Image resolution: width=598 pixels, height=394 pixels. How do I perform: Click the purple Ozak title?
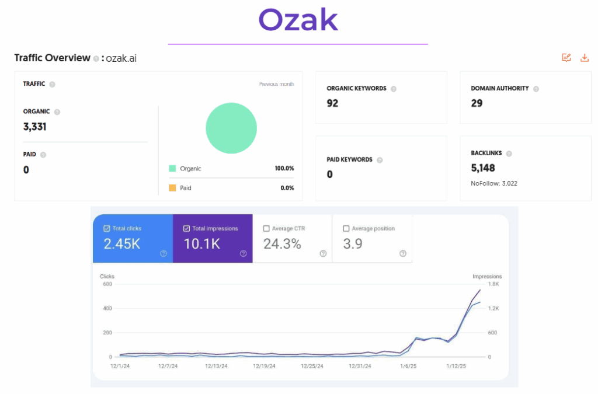[x=298, y=20]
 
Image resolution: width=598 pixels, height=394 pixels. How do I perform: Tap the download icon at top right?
[x=585, y=58]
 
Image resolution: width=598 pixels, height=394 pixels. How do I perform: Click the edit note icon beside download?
[x=566, y=58]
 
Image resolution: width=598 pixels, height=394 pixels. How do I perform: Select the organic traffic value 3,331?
[x=35, y=127]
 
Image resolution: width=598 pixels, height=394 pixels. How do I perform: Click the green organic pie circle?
[x=231, y=128]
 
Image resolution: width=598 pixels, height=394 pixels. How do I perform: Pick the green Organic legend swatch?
[x=172, y=169]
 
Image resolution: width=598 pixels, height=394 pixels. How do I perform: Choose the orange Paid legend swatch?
[x=172, y=188]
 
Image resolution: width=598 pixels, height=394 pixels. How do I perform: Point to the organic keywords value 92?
[x=332, y=103]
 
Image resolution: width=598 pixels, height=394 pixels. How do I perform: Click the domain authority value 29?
[x=477, y=103]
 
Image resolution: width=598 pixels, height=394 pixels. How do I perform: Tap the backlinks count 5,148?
[x=483, y=168]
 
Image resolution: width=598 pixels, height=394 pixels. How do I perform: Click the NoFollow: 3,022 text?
[x=494, y=183]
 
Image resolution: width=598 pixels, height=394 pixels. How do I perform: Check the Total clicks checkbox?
[x=106, y=229]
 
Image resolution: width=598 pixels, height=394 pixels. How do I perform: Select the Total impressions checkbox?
[x=187, y=229]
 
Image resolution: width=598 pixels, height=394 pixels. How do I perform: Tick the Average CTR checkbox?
[x=267, y=229]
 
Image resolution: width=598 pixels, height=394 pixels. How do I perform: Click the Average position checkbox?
[x=346, y=229]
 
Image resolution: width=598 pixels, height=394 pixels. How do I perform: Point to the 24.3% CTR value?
[x=282, y=244]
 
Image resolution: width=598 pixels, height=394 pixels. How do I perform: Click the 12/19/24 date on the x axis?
[x=264, y=367]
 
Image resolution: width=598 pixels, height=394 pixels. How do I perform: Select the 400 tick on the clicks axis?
[x=107, y=308]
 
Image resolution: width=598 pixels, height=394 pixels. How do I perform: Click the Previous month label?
[x=276, y=84]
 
